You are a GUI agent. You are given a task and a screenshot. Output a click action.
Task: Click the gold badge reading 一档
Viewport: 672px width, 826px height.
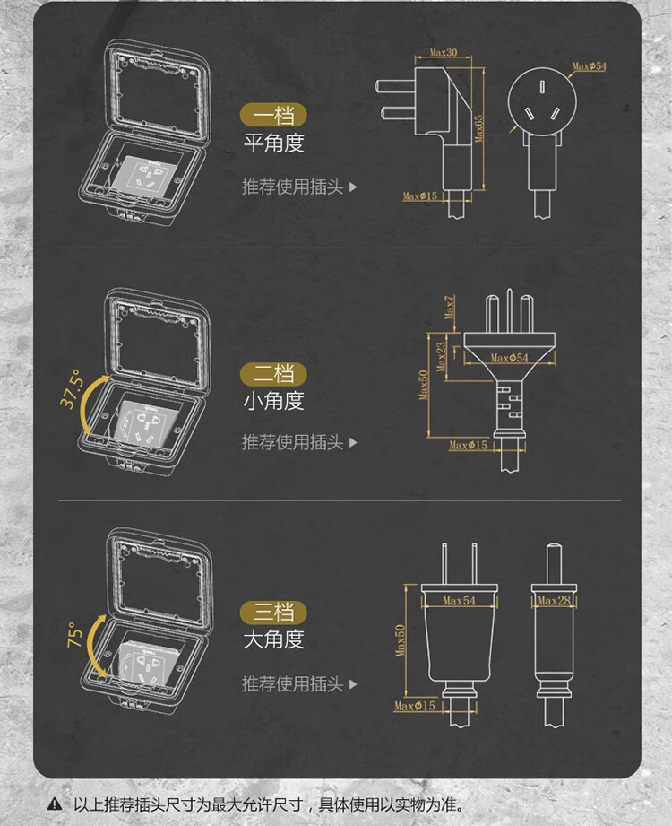pyautogui.click(x=273, y=116)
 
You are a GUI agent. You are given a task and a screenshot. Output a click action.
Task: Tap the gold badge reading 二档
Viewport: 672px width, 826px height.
pyautogui.click(x=273, y=374)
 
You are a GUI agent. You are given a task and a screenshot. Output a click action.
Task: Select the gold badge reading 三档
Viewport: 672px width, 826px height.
pyautogui.click(x=273, y=613)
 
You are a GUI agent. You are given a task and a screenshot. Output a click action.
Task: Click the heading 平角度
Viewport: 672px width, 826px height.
pyautogui.click(x=273, y=143)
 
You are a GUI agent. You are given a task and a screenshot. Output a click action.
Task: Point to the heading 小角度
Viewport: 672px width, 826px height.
pyautogui.click(x=273, y=401)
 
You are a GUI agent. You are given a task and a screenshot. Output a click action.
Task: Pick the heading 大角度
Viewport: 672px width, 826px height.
pyautogui.click(x=273, y=639)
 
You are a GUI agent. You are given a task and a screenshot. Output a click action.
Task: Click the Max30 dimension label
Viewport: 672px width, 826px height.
pyautogui.click(x=444, y=52)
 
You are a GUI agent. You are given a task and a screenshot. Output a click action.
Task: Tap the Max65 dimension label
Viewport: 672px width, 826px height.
pyautogui.click(x=478, y=128)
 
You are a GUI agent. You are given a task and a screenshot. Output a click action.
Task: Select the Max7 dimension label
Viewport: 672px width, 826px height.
pyautogui.click(x=450, y=307)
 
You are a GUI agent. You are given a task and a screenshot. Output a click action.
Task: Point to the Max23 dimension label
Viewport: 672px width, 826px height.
pyautogui.click(x=442, y=357)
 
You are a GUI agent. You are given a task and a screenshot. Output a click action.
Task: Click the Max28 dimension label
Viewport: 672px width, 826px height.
pyautogui.click(x=554, y=601)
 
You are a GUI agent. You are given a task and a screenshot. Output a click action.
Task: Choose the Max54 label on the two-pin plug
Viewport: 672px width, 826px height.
pyautogui.click(x=459, y=601)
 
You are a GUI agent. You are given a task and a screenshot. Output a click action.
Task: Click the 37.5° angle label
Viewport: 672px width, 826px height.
pyautogui.click(x=72, y=388)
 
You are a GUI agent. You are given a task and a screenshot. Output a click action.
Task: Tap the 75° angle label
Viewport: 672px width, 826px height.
pyautogui.click(x=74, y=635)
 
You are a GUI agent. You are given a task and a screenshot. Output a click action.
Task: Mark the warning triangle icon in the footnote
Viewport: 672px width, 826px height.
pyautogui.click(x=54, y=804)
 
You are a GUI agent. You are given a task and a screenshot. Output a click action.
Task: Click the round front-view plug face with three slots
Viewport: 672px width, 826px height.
pyautogui.click(x=542, y=101)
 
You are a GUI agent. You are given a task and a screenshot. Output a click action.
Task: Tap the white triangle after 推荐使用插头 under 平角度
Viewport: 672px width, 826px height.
pyautogui.click(x=353, y=187)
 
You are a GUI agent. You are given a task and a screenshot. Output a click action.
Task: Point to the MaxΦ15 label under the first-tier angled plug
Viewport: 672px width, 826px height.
pyautogui.click(x=420, y=196)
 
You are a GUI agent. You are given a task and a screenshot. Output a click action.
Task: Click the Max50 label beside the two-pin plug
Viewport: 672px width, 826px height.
pyautogui.click(x=401, y=640)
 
